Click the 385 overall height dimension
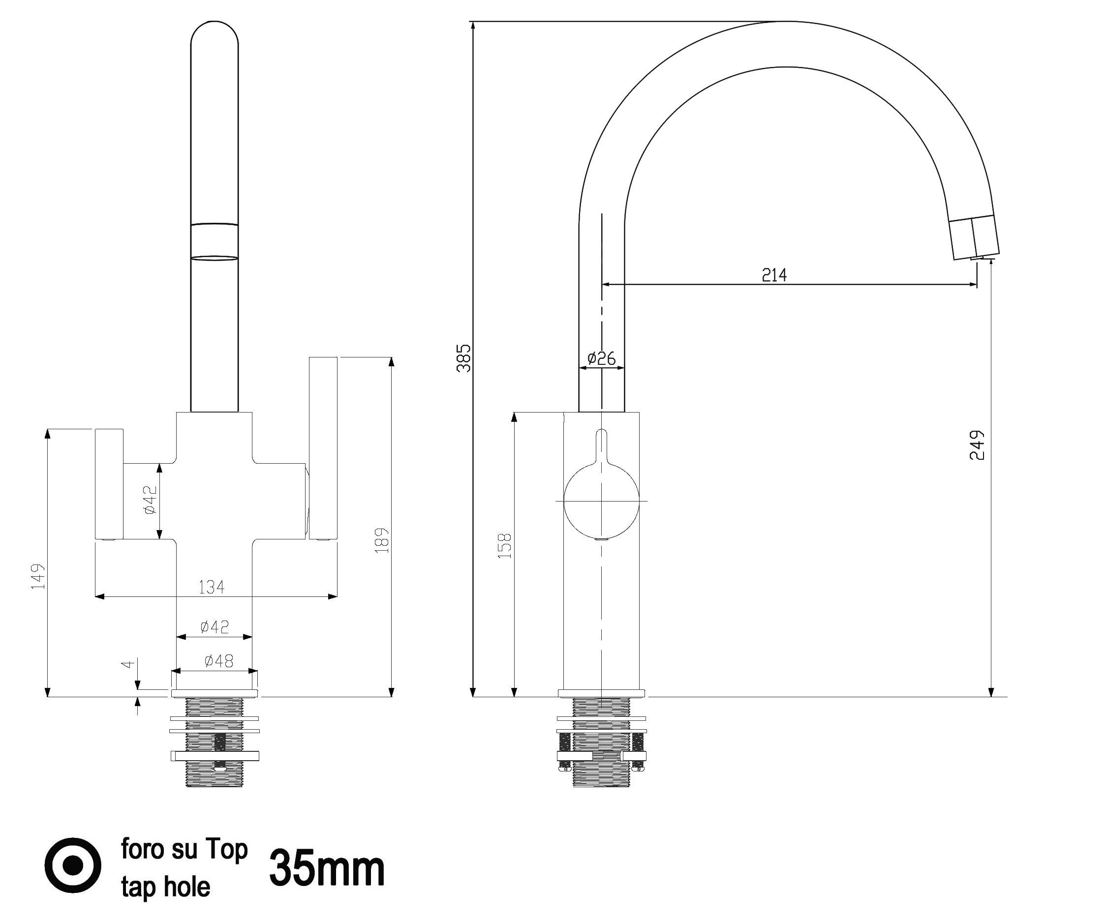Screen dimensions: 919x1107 pyautogui.click(x=463, y=358)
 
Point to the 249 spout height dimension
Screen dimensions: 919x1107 pyautogui.click(x=977, y=445)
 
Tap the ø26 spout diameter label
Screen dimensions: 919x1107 pyautogui.click(x=601, y=358)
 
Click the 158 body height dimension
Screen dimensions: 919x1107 pyautogui.click(x=504, y=545)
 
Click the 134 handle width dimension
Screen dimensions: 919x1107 pyautogui.click(x=212, y=587)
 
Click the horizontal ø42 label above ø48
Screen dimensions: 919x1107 pyautogui.click(x=215, y=626)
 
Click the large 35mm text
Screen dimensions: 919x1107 pyautogui.click(x=327, y=869)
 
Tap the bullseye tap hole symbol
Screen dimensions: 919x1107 pyautogui.click(x=73, y=865)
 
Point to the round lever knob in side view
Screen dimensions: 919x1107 pyautogui.click(x=601, y=501)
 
